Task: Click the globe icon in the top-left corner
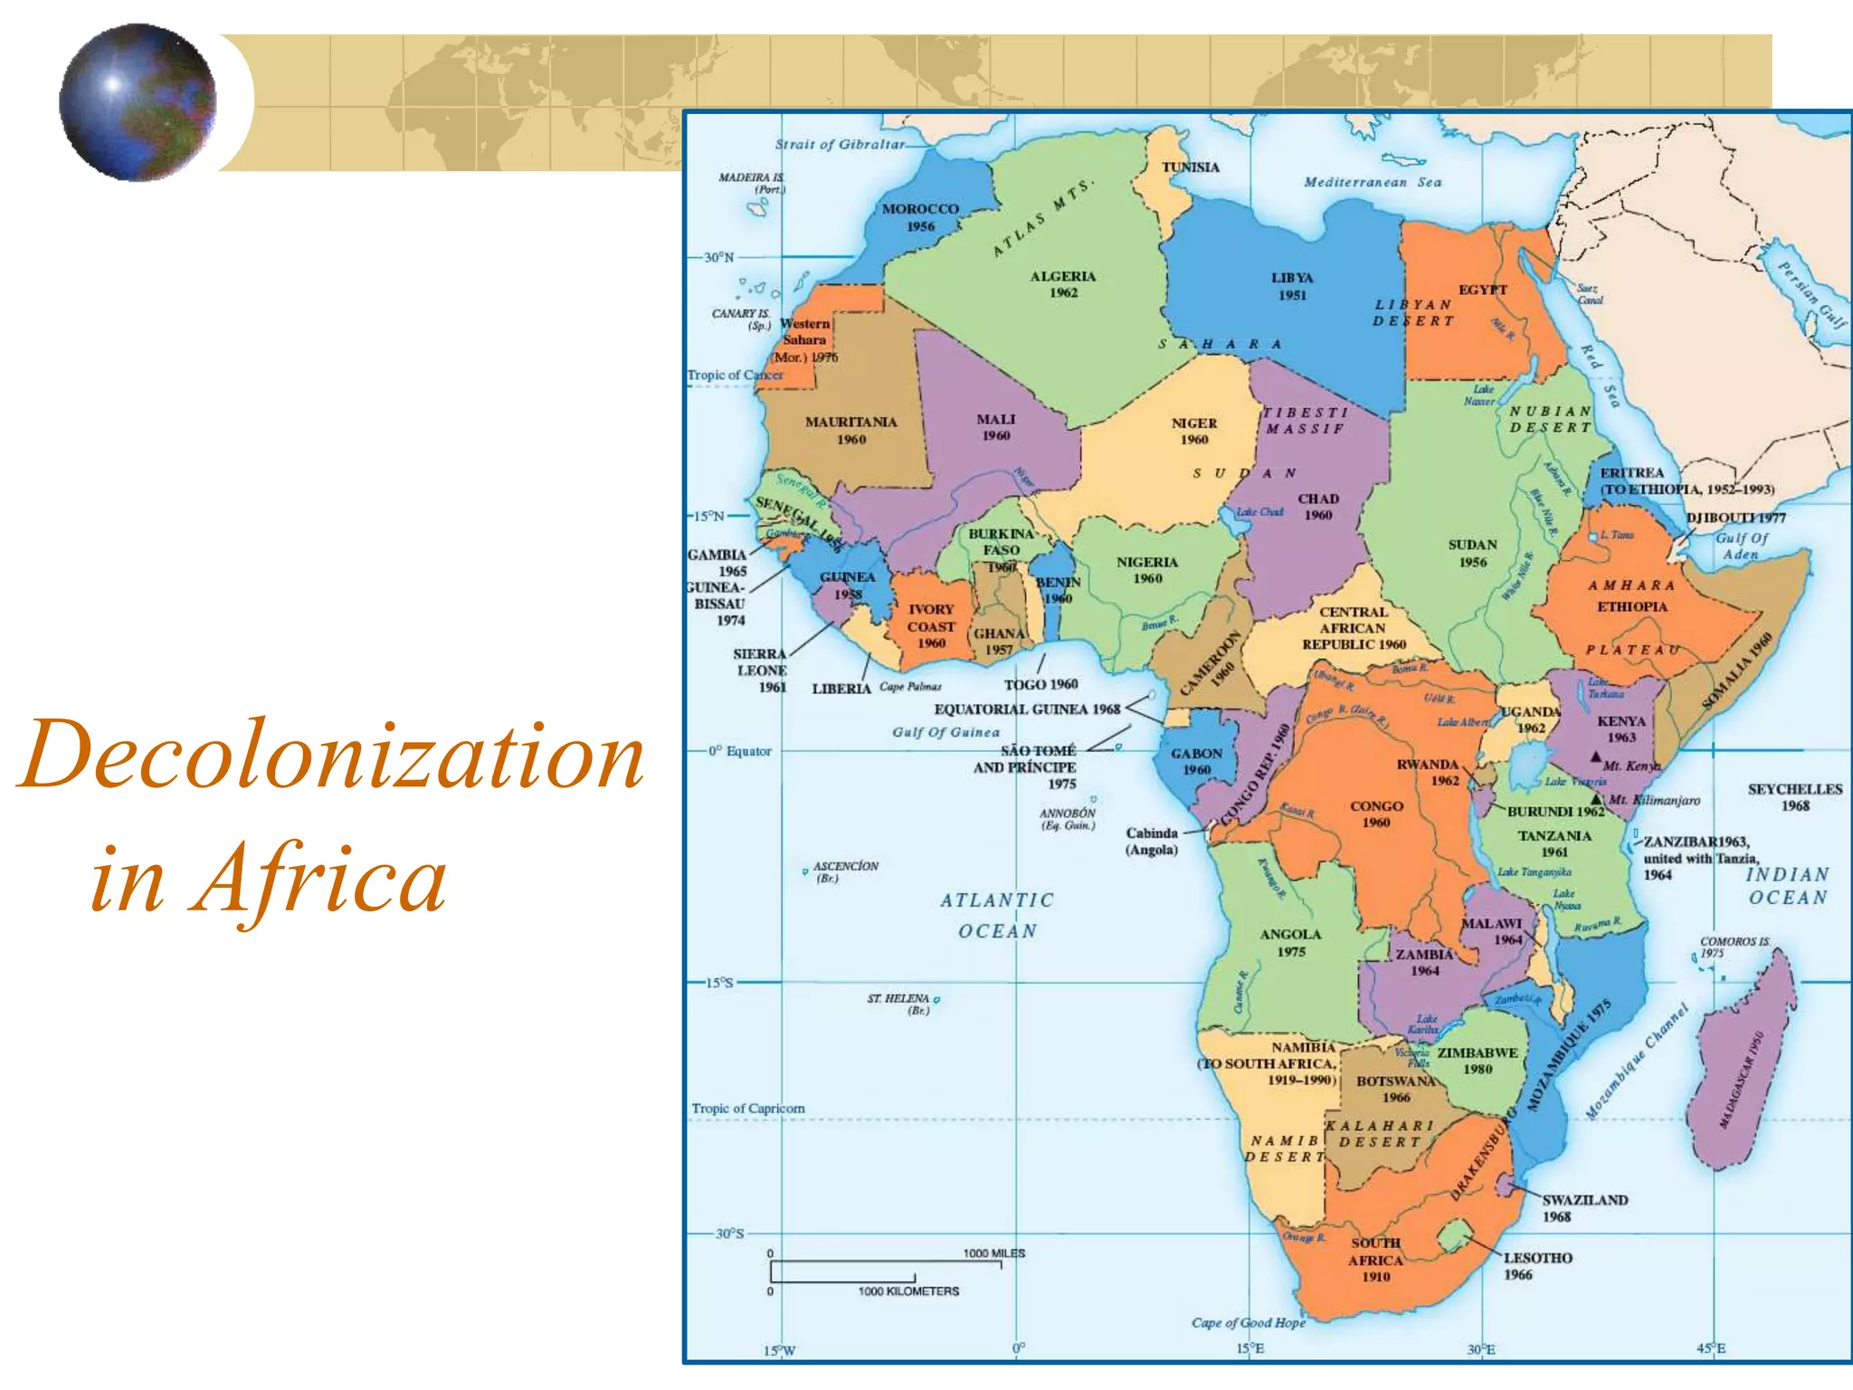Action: click(138, 102)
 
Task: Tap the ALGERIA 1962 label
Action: click(1063, 284)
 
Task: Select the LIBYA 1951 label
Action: click(1292, 286)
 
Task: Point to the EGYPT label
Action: click(1482, 290)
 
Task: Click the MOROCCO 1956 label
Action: click(920, 217)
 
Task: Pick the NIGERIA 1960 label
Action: click(1147, 570)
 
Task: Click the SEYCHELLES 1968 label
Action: click(1795, 797)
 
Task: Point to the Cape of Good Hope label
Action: click(1249, 1322)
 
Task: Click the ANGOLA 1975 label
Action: click(1291, 942)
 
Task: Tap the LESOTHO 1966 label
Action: click(1537, 1266)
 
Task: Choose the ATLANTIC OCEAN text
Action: click(997, 915)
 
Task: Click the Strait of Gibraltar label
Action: click(840, 144)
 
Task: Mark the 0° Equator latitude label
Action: click(740, 751)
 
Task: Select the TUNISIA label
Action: click(1190, 167)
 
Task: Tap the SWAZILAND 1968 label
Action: click(1584, 1208)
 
